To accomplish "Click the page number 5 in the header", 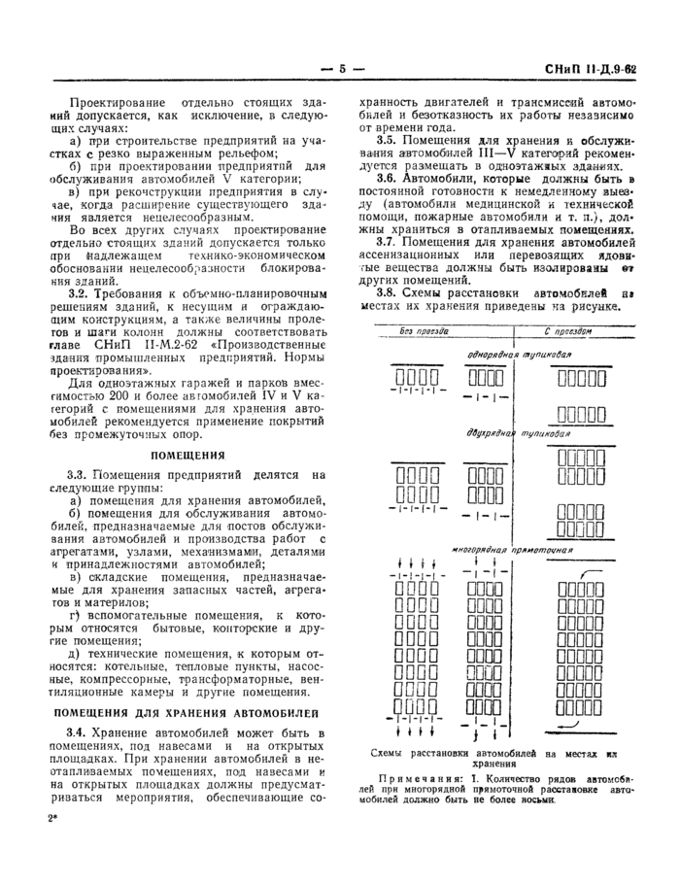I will coord(341,69).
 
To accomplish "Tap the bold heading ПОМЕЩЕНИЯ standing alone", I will coord(188,454).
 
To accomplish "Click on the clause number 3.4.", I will coord(79,731).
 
